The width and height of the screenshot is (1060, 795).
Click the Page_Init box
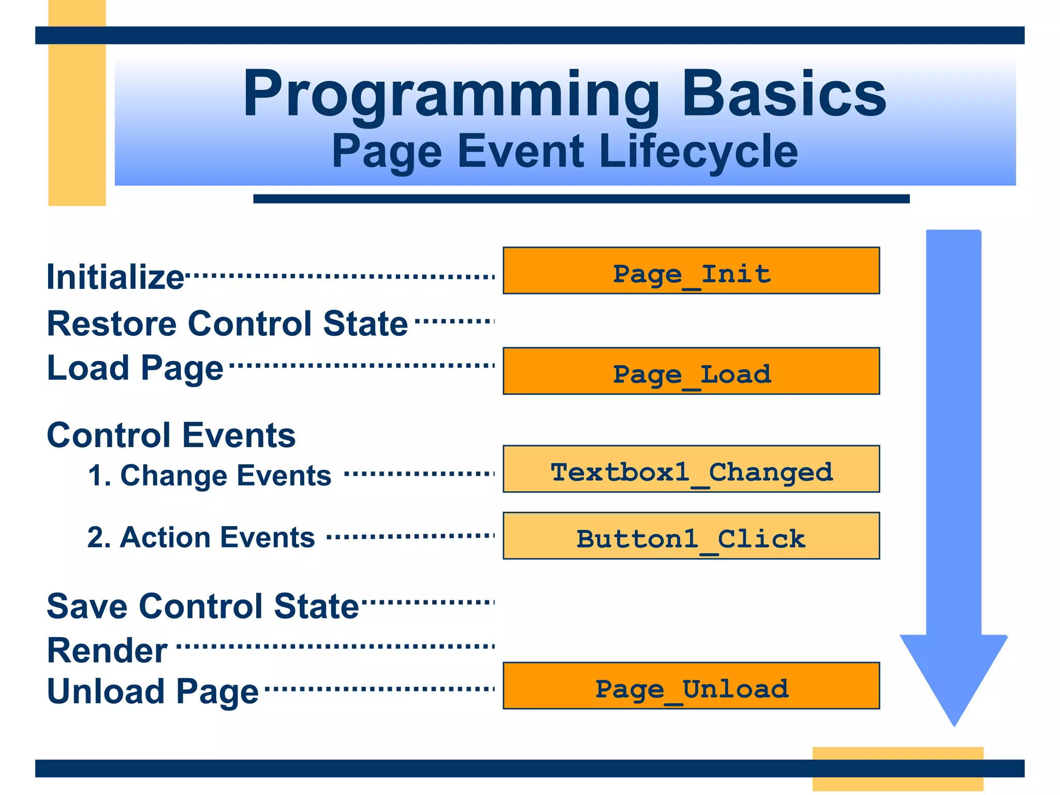(691, 271)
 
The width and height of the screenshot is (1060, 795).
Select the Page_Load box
(691, 371)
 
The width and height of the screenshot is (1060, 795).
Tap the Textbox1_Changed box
(691, 469)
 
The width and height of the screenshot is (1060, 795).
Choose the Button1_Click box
(691, 536)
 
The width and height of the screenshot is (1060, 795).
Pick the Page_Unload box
(691, 686)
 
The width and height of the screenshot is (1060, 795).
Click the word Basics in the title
(784, 95)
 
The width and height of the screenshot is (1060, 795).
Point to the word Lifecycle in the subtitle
(698, 151)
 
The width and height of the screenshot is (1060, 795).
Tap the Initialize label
(115, 277)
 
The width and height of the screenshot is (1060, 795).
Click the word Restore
(112, 324)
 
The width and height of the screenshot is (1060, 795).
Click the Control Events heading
(171, 435)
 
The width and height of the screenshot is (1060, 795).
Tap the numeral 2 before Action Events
(96, 537)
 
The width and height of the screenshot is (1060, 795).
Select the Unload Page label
(152, 691)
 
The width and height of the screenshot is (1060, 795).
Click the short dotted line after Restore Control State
(454, 321)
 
